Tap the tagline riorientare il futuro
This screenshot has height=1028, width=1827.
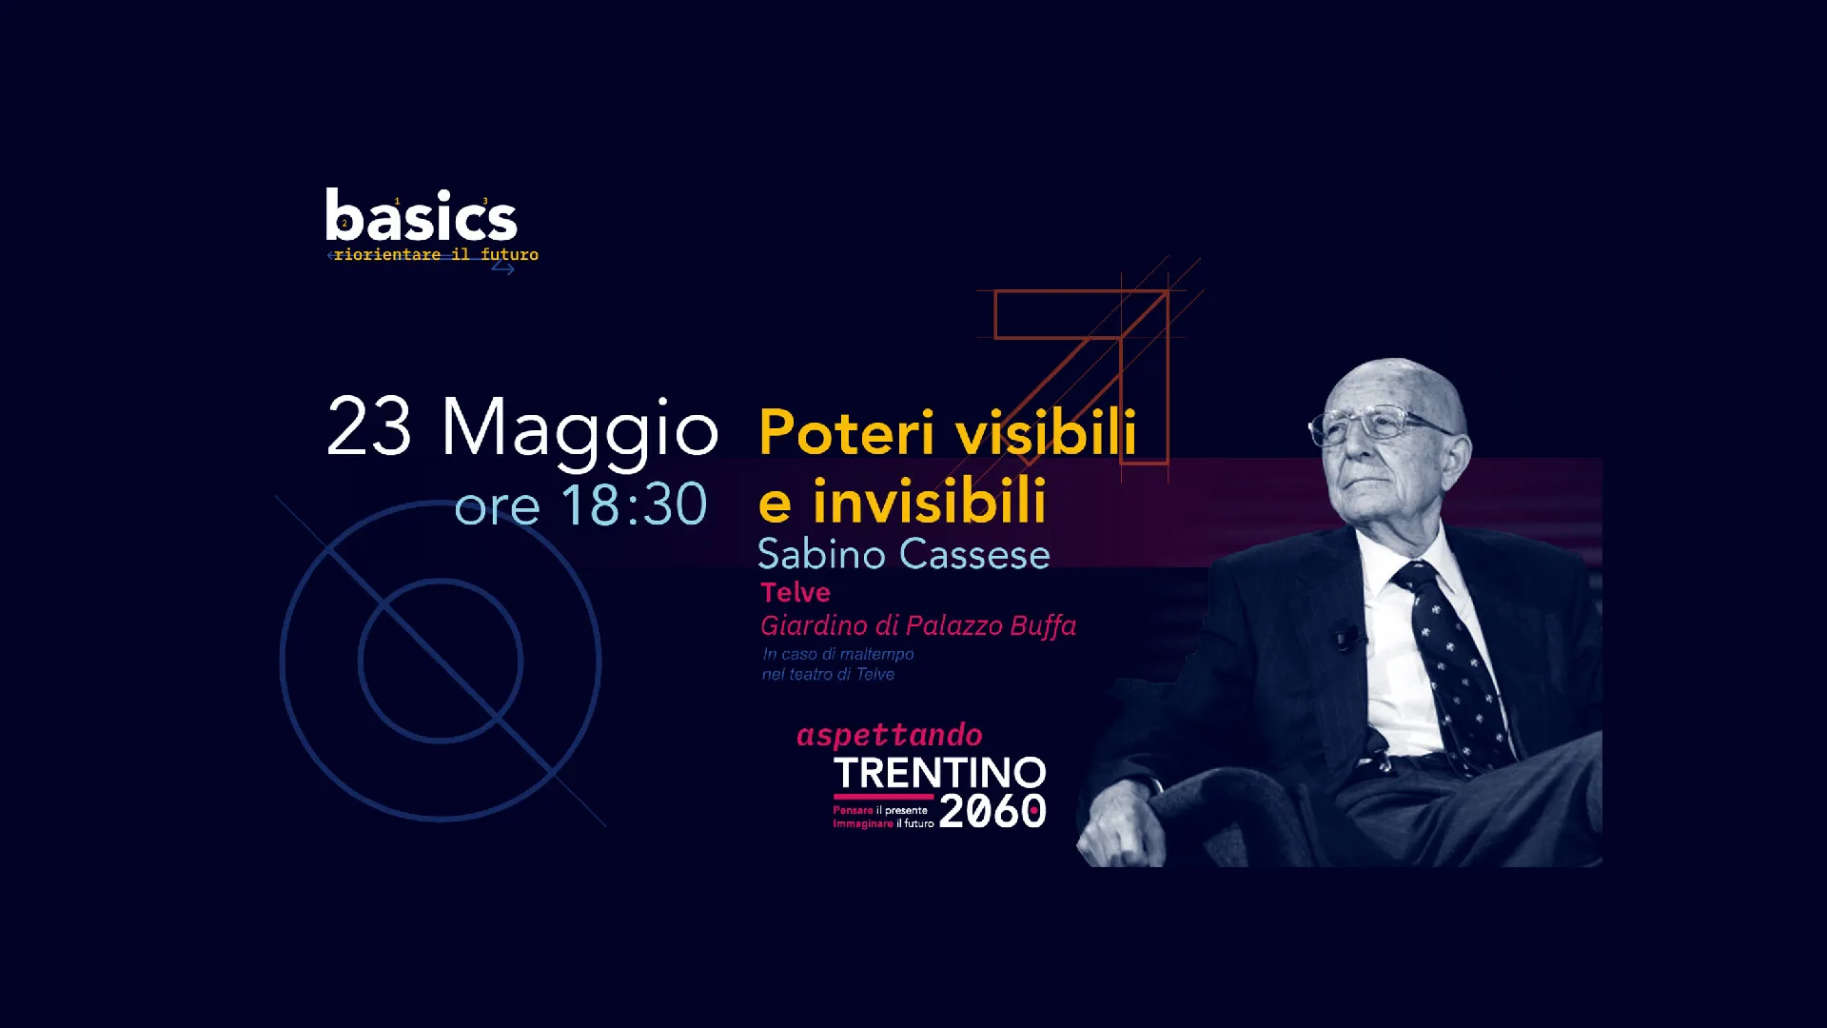click(x=436, y=254)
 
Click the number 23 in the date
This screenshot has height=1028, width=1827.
click(x=369, y=427)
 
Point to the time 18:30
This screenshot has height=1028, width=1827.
click(x=634, y=504)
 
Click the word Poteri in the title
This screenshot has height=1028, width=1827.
click(x=847, y=433)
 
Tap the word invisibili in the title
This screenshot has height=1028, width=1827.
click(x=930, y=502)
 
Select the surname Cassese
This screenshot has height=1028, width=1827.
click(x=975, y=554)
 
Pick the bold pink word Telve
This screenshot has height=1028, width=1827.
click(x=796, y=593)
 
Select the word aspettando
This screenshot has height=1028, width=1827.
click(x=890, y=735)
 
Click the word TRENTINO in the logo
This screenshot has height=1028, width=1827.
click(x=940, y=773)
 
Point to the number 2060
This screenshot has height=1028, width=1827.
click(x=992, y=811)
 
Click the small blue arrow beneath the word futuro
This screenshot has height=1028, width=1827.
click(x=502, y=268)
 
